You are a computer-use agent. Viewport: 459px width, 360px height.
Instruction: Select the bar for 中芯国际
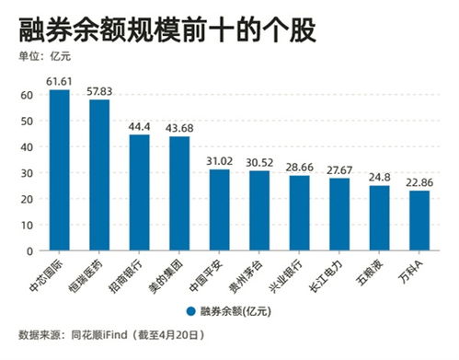tap(60, 169)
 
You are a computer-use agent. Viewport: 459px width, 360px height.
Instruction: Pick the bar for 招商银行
tap(140, 192)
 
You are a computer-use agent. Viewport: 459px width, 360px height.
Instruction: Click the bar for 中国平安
tap(220, 210)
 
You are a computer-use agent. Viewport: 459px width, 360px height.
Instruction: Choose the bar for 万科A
tap(419, 220)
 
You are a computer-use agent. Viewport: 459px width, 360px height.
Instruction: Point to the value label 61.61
tap(60, 81)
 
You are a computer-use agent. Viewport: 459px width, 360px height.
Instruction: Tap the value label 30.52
tap(259, 162)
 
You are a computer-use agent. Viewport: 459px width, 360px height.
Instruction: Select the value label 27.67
tap(339, 169)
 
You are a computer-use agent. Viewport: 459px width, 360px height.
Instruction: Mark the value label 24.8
tap(379, 177)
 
